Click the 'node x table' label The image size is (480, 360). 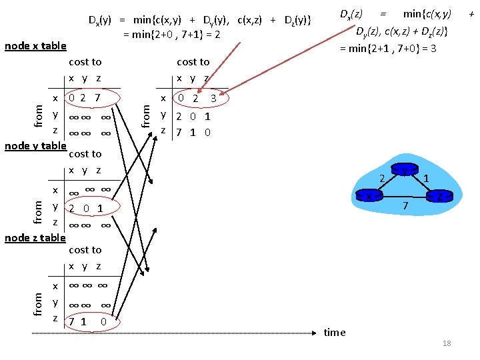pos(35,45)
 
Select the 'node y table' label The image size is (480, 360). pos(35,145)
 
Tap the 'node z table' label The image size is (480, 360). pos(35,237)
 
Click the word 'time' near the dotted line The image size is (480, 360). pos(335,332)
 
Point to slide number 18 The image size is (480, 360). pos(447,343)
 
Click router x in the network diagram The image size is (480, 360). pos(369,196)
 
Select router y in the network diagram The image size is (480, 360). pos(405,171)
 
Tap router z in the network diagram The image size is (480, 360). pos(440,195)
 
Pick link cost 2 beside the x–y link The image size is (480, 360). pos(382,179)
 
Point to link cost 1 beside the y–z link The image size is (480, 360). pos(426,178)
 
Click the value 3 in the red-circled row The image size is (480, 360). pos(213,98)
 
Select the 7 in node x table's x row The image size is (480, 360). pos(98,98)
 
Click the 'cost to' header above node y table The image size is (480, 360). pos(85,153)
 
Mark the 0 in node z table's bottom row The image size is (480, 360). pos(103,323)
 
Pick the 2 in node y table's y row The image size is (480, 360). pos(72,207)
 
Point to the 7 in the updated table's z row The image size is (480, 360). pos(179,132)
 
